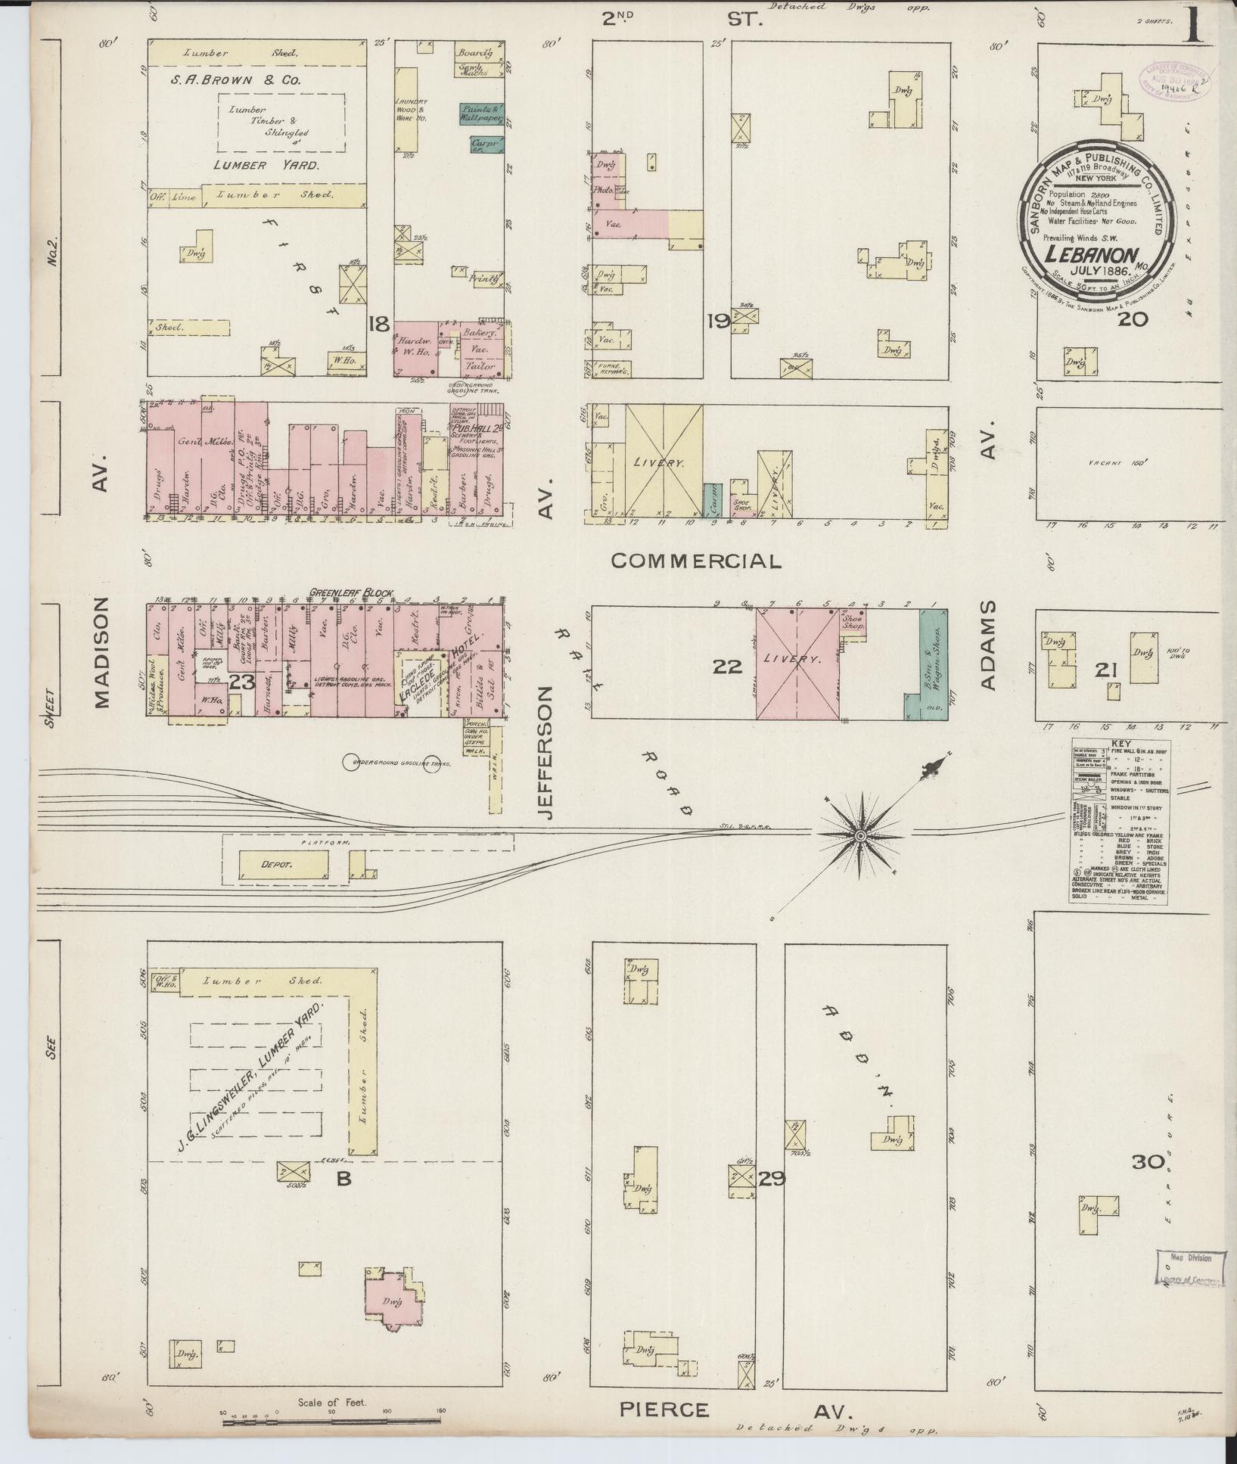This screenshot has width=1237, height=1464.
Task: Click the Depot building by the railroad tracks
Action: pyautogui.click(x=284, y=863)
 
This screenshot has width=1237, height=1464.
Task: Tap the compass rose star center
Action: pyautogui.click(x=860, y=835)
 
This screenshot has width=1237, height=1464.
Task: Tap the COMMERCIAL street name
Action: pyautogui.click(x=695, y=561)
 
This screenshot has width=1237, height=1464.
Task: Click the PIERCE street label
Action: pyautogui.click(x=664, y=1410)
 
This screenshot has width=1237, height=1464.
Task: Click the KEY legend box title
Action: pyautogui.click(x=1120, y=744)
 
